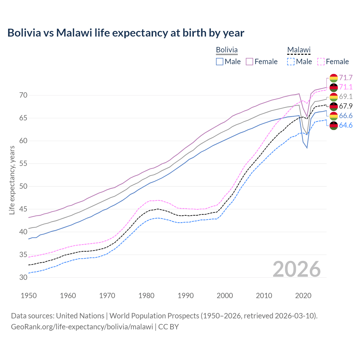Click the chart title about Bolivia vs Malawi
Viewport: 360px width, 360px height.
126,33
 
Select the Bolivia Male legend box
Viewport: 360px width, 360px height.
220,62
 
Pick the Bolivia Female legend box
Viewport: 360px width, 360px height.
249,62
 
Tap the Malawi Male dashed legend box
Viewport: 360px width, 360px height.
291,62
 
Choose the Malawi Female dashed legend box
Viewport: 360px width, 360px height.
321,62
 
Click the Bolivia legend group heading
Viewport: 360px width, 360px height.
227,50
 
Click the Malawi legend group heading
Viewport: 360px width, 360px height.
299,50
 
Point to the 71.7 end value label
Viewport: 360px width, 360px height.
346,78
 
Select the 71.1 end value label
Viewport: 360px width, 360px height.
346,87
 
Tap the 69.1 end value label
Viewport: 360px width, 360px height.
346,97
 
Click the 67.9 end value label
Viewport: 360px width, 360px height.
346,106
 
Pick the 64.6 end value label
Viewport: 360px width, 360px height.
346,125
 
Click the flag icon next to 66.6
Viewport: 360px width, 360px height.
334,116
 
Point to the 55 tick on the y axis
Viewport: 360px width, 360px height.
23,164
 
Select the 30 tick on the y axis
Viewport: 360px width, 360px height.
23,278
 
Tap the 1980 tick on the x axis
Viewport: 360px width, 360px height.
147,296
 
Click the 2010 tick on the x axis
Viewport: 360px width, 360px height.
264,296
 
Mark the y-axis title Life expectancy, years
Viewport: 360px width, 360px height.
12,180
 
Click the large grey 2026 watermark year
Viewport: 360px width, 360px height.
297,269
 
